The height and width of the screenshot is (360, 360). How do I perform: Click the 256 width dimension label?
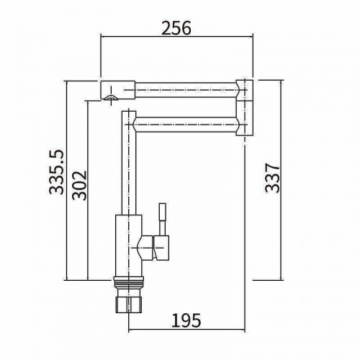tap(176, 28)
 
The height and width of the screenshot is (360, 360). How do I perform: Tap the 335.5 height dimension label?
tap(56, 172)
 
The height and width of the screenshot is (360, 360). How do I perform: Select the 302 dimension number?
tap(79, 185)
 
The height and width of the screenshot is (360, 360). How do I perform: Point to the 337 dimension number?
tap(272, 178)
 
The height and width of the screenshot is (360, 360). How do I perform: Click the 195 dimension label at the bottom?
tap(186, 320)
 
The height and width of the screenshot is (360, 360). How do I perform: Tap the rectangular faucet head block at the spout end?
tap(117, 90)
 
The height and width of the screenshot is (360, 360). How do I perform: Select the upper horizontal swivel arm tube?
tap(186, 90)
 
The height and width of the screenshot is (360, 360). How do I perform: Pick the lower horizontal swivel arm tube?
tap(186, 125)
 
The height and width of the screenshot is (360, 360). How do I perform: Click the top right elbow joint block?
tap(245, 90)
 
